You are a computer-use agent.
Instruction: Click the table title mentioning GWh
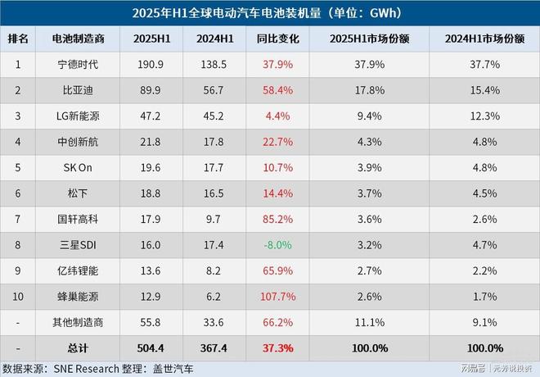[x=270, y=14]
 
